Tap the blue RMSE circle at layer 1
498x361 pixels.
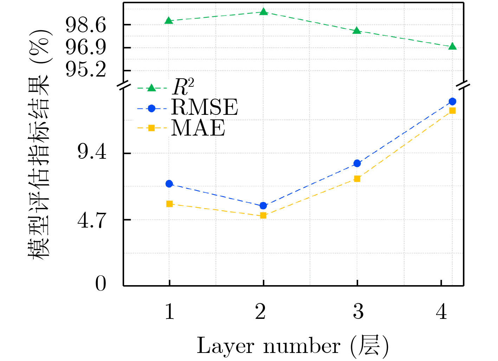tap(169, 184)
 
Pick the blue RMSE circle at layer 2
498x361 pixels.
tap(263, 206)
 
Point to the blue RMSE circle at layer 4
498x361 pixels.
tap(452, 101)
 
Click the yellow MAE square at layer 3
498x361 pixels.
tap(357, 179)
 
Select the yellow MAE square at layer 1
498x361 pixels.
tap(169, 204)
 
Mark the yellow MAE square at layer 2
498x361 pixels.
tap(263, 216)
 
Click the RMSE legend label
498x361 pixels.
tap(205, 107)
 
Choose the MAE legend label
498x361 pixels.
tap(198, 128)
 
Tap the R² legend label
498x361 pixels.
tap(183, 87)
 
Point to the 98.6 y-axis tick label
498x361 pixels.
tap(86, 25)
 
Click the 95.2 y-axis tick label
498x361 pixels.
tap(86, 69)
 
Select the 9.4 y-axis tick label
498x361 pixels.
tap(92, 152)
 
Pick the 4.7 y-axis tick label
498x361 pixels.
tap(92, 221)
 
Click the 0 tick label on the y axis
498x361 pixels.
tap(101, 283)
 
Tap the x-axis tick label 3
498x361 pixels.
tap(358, 311)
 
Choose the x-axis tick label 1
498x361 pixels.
tap(169, 311)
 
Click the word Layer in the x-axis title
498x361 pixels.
tap(225, 346)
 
